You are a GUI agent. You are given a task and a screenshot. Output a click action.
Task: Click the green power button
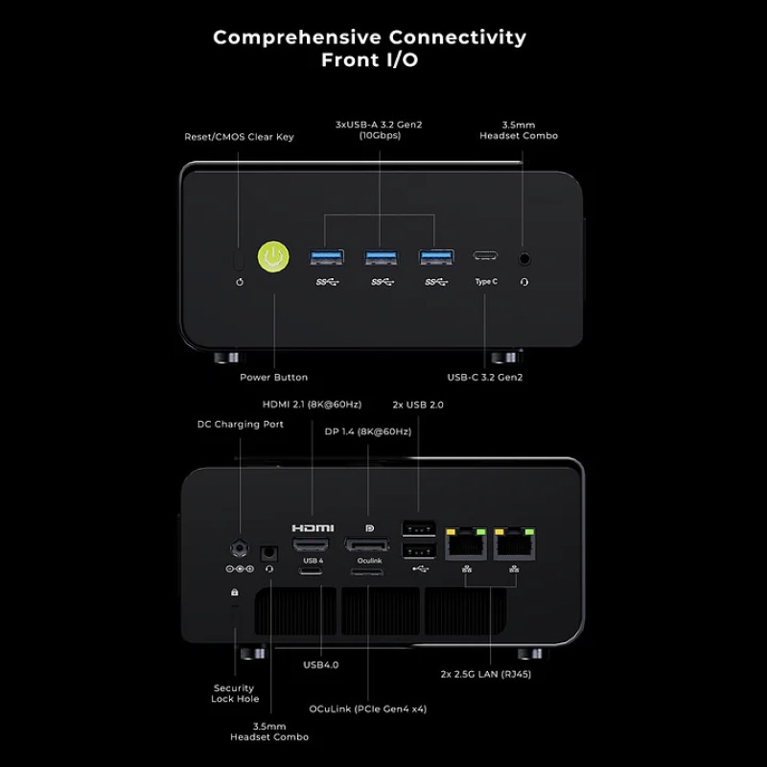point(273,257)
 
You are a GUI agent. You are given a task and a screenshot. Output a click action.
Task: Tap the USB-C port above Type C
point(485,257)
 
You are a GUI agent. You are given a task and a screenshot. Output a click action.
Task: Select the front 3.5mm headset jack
point(524,257)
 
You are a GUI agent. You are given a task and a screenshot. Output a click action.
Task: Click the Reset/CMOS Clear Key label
point(239,137)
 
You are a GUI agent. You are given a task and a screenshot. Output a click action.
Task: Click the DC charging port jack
point(239,549)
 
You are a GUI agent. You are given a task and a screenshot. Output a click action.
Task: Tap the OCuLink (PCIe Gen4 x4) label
point(368,709)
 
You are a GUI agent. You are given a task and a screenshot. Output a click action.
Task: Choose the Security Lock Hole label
point(234,693)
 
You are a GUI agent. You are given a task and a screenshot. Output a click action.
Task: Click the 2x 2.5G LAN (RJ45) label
point(486,674)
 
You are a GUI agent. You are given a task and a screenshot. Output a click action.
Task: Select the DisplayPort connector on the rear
point(367,545)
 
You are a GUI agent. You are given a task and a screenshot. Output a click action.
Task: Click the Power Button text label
point(273,377)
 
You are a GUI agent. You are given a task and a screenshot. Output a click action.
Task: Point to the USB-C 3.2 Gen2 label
point(485,377)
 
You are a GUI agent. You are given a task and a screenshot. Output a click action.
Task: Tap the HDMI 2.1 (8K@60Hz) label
point(313,405)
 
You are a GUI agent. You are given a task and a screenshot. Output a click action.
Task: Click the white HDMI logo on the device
point(313,528)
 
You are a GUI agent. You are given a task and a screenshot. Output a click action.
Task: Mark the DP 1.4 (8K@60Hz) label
point(367,431)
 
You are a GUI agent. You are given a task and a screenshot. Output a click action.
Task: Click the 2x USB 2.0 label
point(418,405)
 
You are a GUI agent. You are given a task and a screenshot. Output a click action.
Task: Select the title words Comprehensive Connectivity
point(369,37)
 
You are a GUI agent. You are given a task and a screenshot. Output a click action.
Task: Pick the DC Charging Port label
point(240,424)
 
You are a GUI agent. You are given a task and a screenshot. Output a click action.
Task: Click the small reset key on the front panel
point(239,259)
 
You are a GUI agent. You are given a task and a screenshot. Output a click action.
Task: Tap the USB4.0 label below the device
point(320,663)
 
